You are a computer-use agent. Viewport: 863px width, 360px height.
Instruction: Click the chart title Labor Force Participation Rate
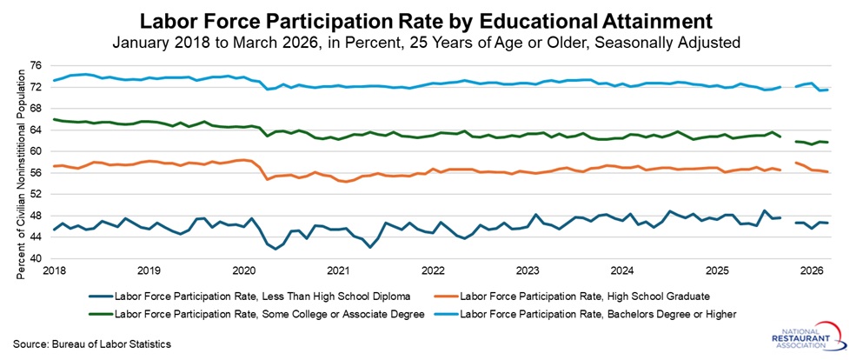(431, 18)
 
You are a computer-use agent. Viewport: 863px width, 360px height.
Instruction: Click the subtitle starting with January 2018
(431, 41)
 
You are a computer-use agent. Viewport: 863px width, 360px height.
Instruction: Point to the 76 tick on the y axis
(37, 66)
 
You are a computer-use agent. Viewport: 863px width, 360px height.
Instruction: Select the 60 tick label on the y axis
(37, 151)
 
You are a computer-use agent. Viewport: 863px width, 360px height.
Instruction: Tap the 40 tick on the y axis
(37, 259)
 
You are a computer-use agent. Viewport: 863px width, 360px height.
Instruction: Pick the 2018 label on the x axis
(53, 271)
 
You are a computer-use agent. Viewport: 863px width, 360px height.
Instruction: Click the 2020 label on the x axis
(242, 271)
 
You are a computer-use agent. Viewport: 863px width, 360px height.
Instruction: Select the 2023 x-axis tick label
(527, 271)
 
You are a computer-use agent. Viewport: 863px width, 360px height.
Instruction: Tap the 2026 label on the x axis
(811, 271)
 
